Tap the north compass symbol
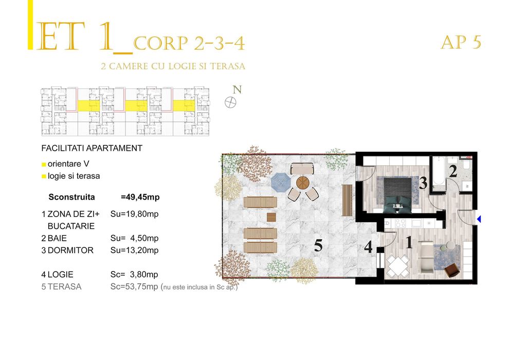point(230,102)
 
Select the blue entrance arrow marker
point(479,220)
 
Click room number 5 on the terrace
point(318,246)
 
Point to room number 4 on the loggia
point(368,247)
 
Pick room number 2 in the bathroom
point(453,172)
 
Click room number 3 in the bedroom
point(423,183)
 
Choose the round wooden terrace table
point(303,182)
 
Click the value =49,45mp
point(140,196)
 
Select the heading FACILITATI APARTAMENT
point(92,148)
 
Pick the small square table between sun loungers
point(271,217)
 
